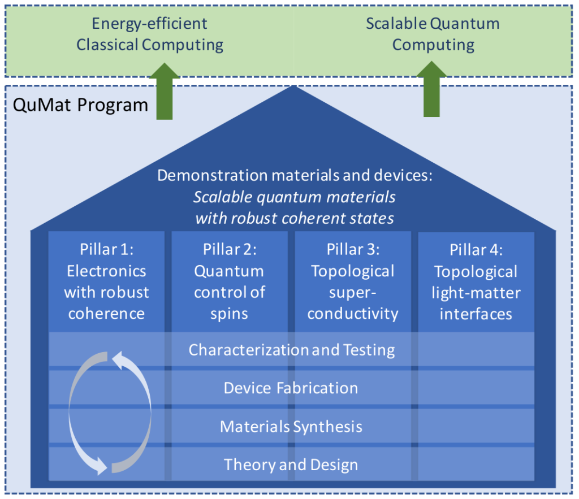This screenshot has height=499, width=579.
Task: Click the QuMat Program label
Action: coord(80,105)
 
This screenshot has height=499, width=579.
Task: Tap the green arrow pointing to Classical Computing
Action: coord(165,91)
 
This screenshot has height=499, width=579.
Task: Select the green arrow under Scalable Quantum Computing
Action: coord(431,89)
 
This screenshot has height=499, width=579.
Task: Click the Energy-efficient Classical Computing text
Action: coord(149,34)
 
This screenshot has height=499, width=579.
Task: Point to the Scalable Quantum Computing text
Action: coord(433,34)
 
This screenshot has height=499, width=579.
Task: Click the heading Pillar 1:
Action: coord(107,250)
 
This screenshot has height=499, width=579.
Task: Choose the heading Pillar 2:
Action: coord(230,250)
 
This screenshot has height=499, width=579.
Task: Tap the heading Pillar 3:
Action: coord(353,250)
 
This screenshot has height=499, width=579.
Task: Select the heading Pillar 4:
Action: coord(476,250)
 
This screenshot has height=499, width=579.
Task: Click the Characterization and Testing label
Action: coord(292,350)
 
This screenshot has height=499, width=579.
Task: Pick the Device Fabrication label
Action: coord(291,388)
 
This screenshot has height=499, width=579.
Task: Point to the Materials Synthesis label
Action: coord(291,427)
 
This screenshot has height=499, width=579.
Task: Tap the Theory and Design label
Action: coord(291,465)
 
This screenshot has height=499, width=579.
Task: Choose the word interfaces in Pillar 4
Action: coord(476,314)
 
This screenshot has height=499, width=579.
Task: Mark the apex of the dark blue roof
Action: coord(293,86)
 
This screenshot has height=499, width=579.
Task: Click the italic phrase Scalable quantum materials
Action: coord(295,197)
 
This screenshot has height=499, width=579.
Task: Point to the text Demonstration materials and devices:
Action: coord(295,175)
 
